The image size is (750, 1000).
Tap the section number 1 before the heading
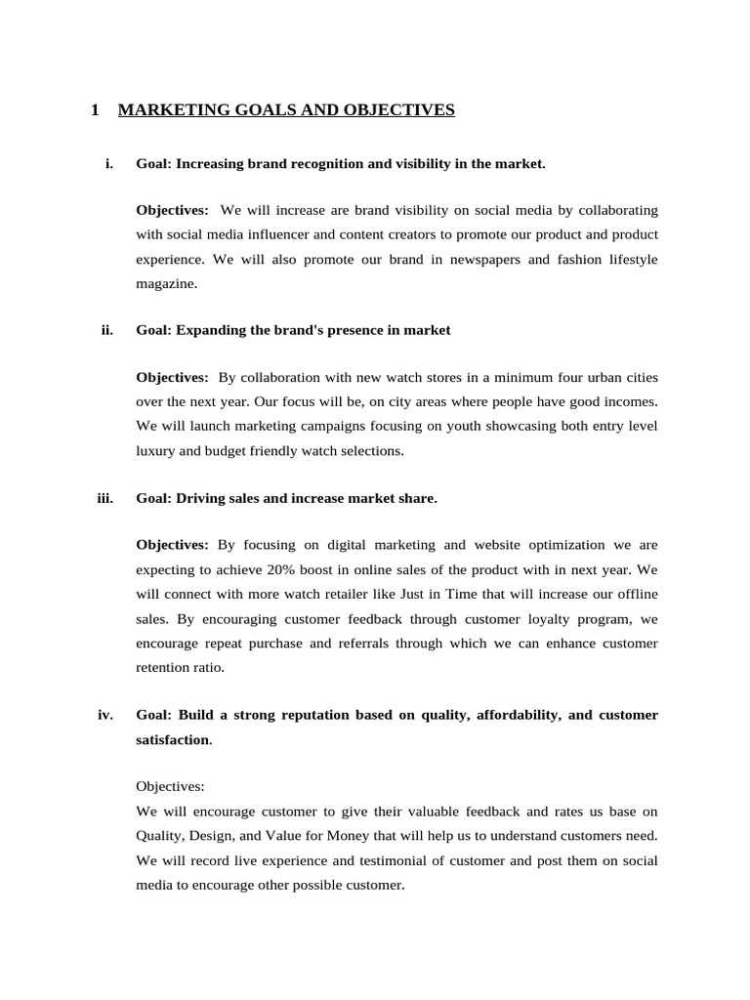coord(95,110)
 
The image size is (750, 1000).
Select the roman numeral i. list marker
coord(108,163)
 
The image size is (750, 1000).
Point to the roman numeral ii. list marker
coord(107,330)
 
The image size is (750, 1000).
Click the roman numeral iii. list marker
coord(105,498)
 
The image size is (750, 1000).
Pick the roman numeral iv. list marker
coord(105,715)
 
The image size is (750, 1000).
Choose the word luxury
coord(156,450)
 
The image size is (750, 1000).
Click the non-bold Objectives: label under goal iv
coord(171,786)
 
